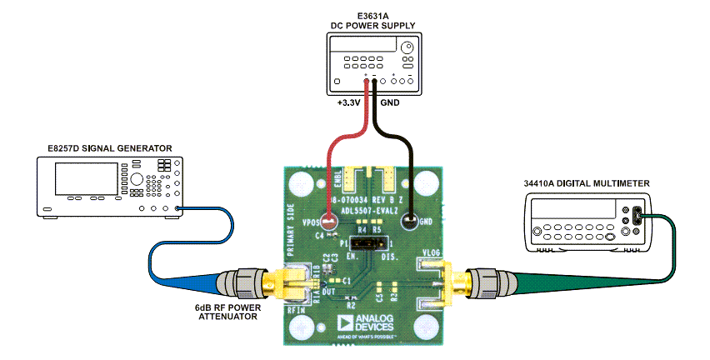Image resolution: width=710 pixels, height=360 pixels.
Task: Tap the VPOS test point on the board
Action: [x=330, y=222]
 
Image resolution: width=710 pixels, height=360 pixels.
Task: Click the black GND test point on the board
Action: [x=409, y=222]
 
